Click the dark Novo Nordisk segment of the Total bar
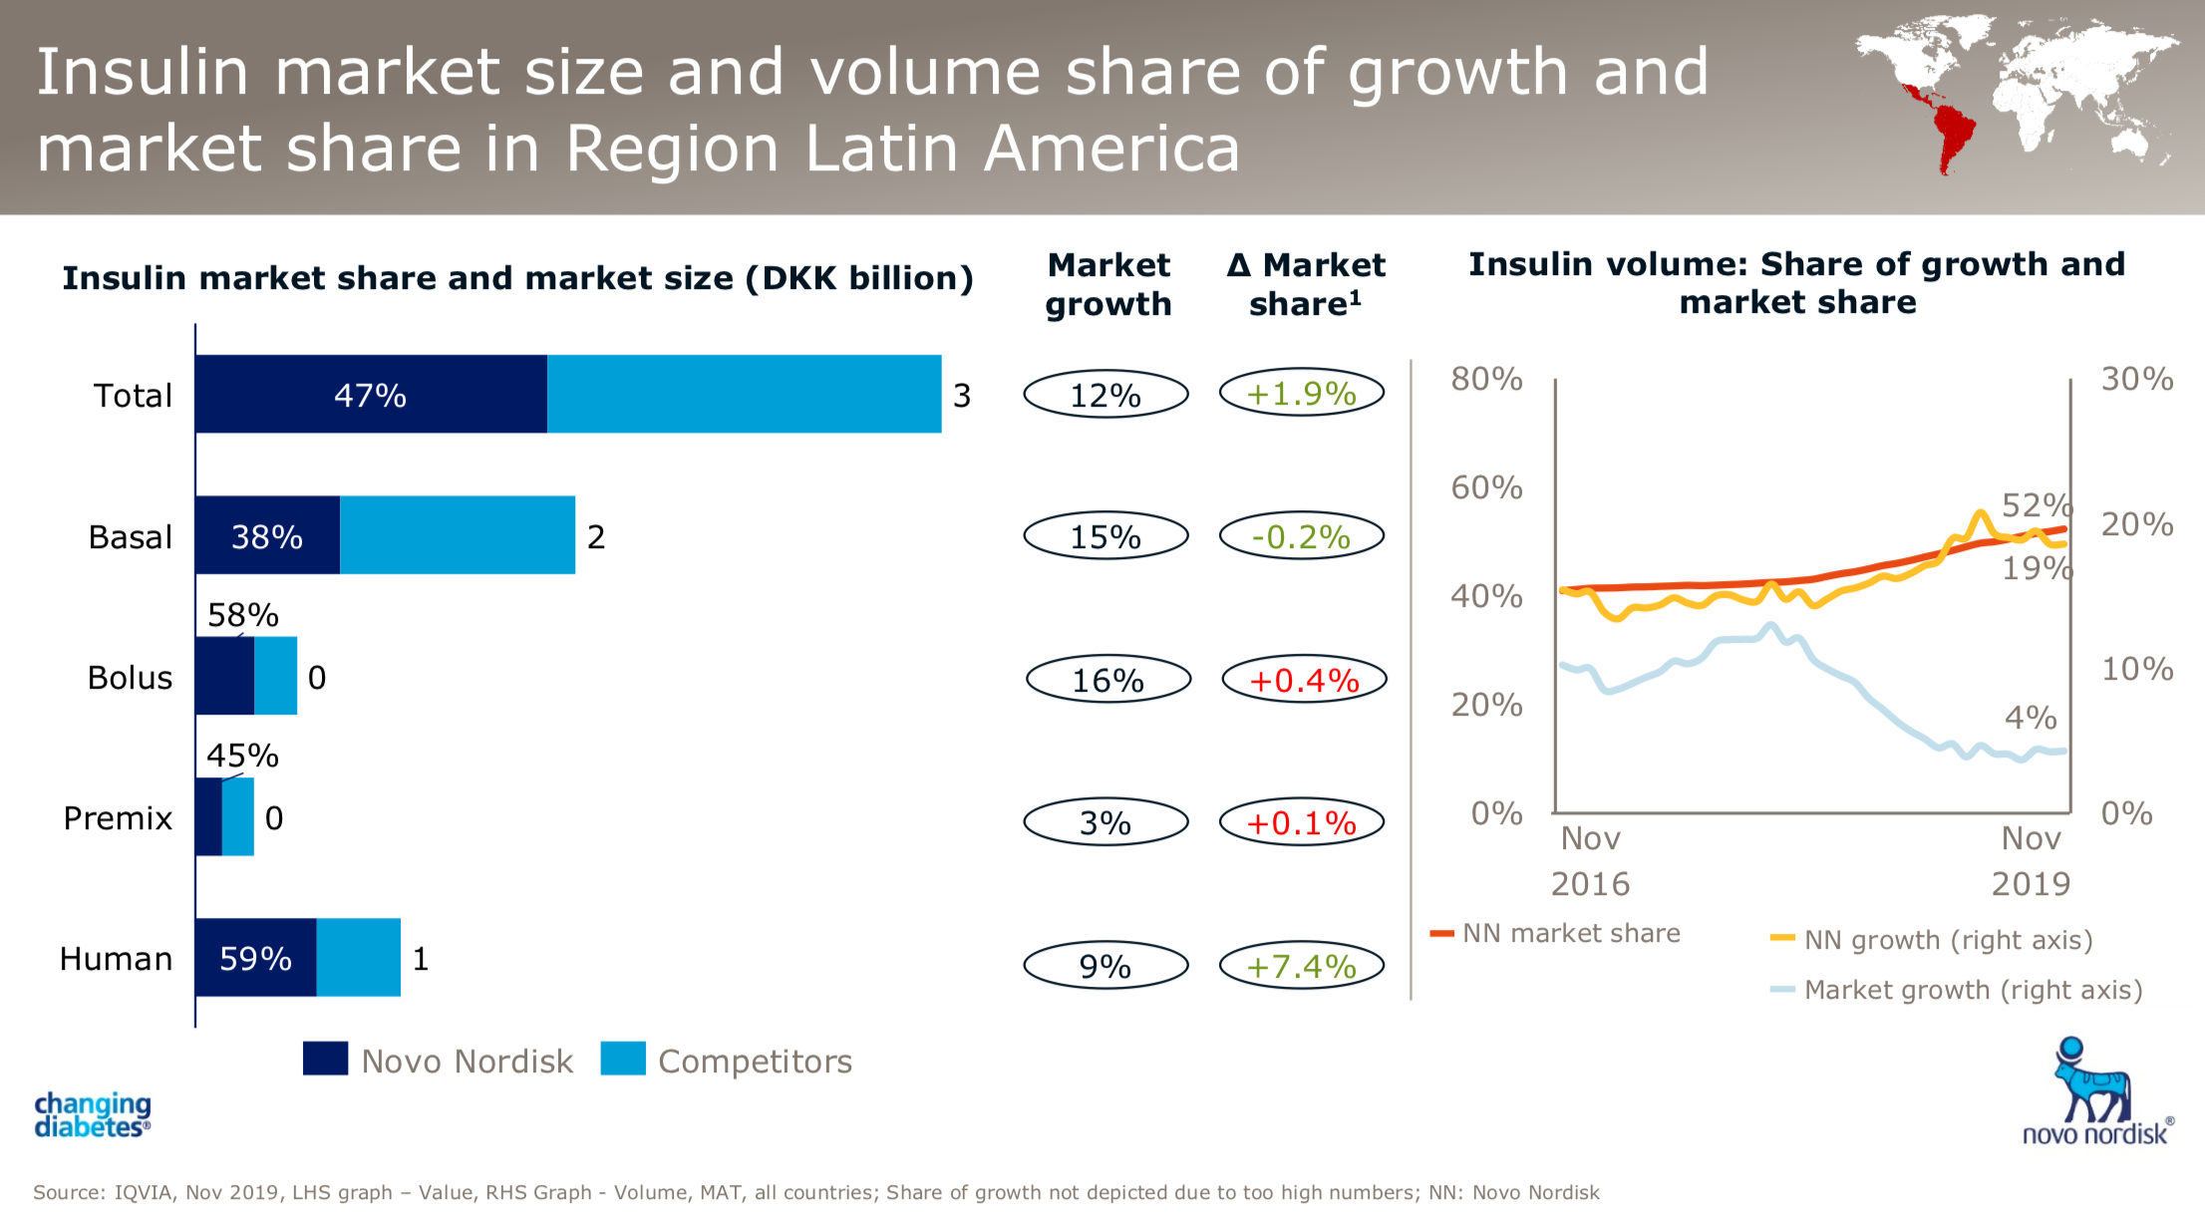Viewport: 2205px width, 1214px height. coord(371,395)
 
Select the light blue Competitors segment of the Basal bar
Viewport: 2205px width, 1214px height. coord(458,535)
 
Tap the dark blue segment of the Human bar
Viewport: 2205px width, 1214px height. coord(255,958)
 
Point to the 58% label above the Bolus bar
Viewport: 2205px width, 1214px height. coord(242,615)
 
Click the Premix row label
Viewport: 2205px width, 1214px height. coord(118,818)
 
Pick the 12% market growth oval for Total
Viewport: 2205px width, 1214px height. coord(1105,395)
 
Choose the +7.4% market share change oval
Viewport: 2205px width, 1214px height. coord(1302,966)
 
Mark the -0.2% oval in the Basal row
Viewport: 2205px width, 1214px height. coord(1302,537)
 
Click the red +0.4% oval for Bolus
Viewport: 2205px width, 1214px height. coord(1304,681)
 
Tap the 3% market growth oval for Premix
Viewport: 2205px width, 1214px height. coord(1105,823)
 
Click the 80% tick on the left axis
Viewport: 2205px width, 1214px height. coord(1486,379)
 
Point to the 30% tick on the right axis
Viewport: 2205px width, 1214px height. coord(2137,379)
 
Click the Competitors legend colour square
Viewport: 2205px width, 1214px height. coord(623,1059)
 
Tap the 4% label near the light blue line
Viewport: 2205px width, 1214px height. coord(2031,718)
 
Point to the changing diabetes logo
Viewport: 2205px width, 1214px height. coord(92,1115)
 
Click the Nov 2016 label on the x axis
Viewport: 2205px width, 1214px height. coord(1590,861)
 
